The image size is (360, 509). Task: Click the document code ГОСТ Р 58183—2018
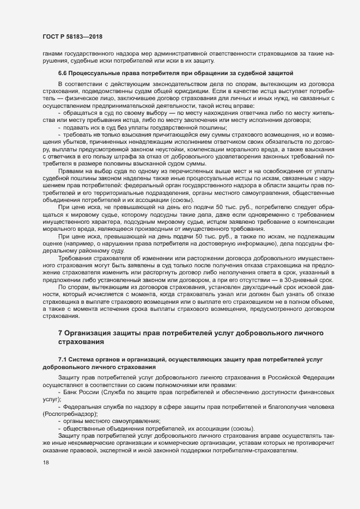(x=72, y=36)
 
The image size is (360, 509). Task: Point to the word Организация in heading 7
(x=91, y=332)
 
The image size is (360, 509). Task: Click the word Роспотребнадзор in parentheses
(x=70, y=414)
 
